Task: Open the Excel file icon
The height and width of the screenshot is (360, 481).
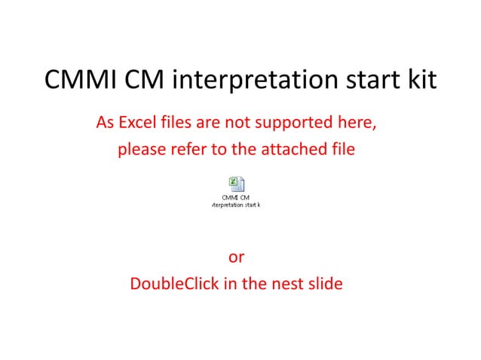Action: click(x=235, y=184)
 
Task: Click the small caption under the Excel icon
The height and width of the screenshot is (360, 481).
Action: click(x=236, y=201)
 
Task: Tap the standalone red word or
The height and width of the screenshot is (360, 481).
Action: click(x=236, y=258)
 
